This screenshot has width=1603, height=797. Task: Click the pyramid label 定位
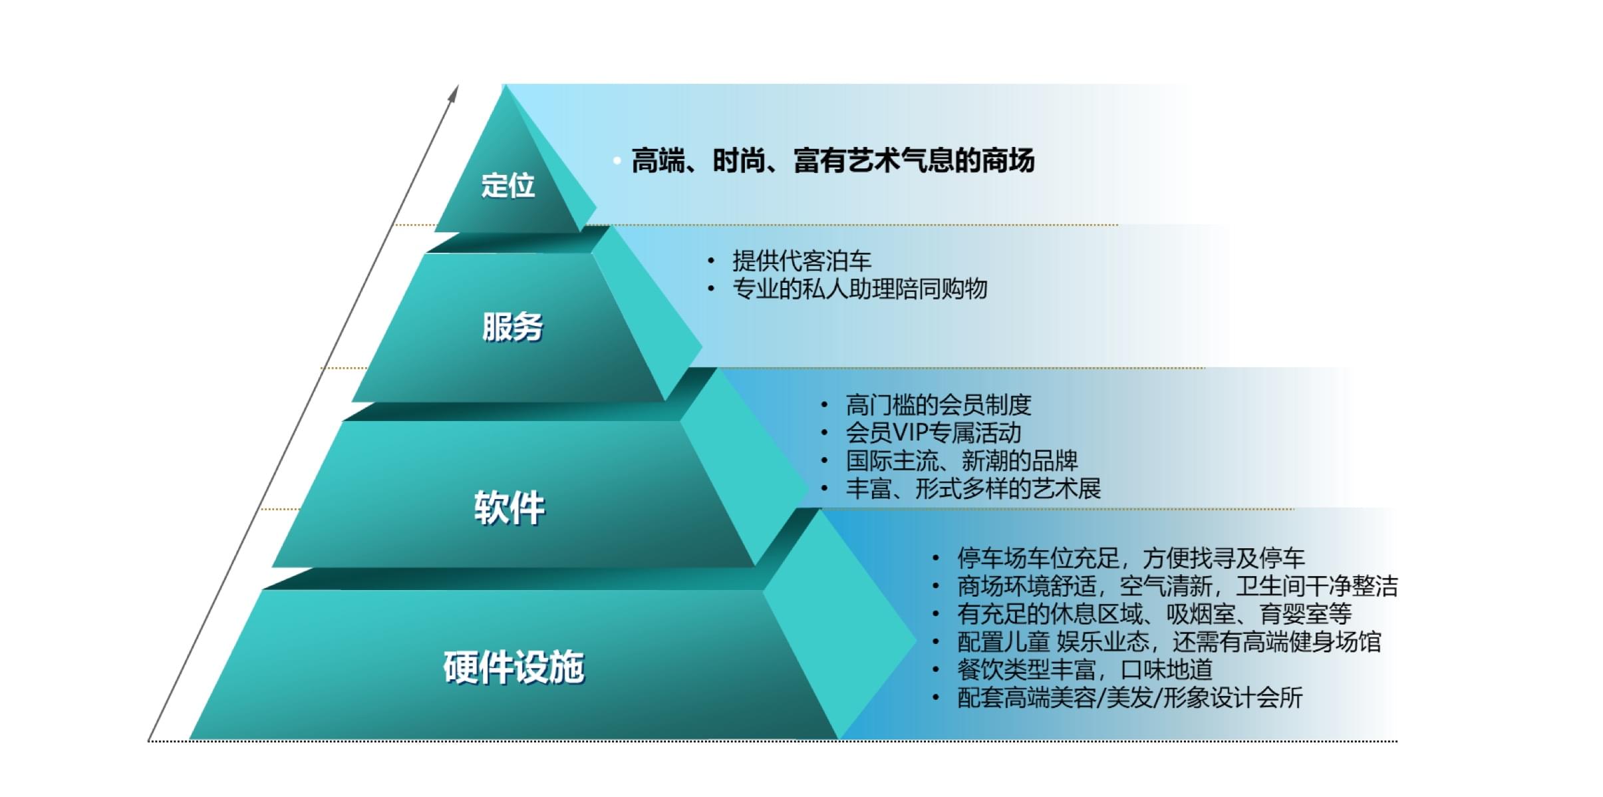(508, 185)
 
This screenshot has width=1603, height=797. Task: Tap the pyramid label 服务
(512, 327)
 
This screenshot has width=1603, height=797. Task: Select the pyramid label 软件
(510, 508)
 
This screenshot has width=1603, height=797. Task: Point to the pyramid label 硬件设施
(513, 667)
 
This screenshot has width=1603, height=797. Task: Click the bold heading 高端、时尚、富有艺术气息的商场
(833, 161)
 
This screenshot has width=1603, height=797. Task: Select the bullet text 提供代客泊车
(801, 261)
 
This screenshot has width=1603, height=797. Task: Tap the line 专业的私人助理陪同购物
(859, 289)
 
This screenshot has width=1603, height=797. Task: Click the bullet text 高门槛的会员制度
(939, 404)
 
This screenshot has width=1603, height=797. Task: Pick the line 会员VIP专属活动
(933, 432)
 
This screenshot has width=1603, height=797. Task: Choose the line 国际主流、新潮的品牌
(962, 460)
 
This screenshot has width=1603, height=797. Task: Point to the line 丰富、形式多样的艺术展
(973, 488)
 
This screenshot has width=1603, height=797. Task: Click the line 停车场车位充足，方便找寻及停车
(1131, 558)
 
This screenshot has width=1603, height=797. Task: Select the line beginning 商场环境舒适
(1177, 585)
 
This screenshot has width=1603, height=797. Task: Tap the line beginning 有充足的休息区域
(1154, 613)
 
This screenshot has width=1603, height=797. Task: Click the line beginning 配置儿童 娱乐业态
(1169, 641)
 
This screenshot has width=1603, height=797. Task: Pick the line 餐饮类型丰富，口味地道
(1085, 669)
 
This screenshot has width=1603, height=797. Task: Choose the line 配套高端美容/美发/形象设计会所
(1129, 697)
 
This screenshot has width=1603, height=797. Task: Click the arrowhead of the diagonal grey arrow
(454, 92)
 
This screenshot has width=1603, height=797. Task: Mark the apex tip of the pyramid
(505, 84)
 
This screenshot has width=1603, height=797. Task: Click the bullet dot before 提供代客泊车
(711, 261)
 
